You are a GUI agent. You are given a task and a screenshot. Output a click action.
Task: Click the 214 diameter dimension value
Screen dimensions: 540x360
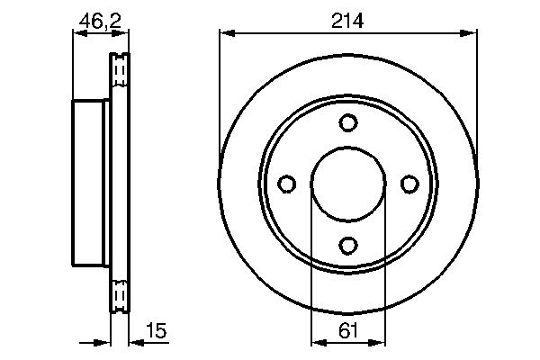pyautogui.click(x=347, y=21)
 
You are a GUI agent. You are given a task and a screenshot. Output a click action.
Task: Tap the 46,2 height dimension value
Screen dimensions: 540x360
pyautogui.click(x=100, y=22)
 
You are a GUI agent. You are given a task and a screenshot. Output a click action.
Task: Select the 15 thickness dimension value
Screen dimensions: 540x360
pyautogui.click(x=156, y=330)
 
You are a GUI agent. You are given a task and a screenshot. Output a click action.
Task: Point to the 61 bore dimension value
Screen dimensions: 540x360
pyautogui.click(x=348, y=331)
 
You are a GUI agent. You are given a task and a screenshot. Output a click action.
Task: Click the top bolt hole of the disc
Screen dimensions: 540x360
pyautogui.click(x=348, y=122)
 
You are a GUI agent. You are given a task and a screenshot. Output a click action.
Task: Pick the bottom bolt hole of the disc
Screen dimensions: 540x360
pyautogui.click(x=348, y=246)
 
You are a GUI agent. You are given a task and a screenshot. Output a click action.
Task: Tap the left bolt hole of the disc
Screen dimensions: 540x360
pyautogui.click(x=286, y=184)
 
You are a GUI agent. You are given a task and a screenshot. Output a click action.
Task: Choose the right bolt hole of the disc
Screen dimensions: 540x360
pyautogui.click(x=409, y=184)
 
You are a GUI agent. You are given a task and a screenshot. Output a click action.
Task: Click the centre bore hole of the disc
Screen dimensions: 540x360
pyautogui.click(x=348, y=184)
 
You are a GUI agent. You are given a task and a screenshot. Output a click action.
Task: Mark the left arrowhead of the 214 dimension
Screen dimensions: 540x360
pyautogui.click(x=228, y=33)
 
